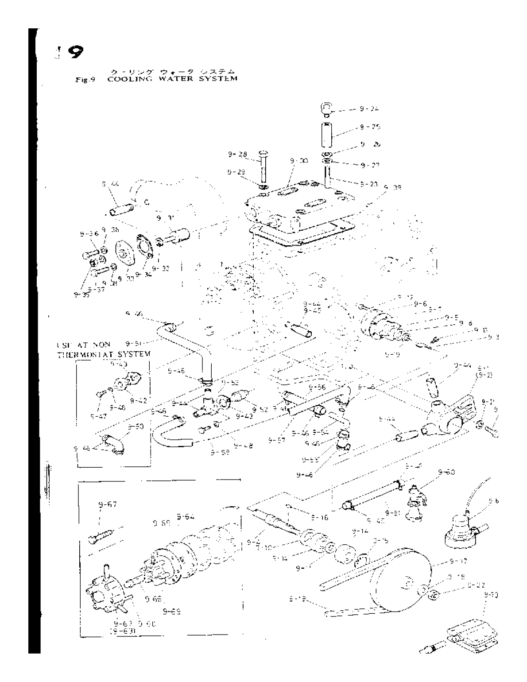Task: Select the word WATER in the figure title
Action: coord(181,79)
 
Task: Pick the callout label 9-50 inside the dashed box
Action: coord(136,426)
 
